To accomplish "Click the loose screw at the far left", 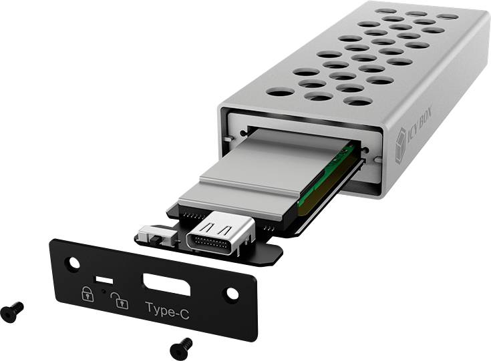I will tap(11, 311).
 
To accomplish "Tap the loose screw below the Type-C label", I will tap(180, 347).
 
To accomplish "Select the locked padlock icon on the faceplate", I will tap(87, 294).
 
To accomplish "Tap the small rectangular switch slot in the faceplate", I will tap(104, 278).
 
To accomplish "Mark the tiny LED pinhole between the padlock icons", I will tap(103, 291).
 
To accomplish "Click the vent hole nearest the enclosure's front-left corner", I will tap(281, 91).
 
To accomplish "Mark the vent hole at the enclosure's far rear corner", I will tap(448, 16).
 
